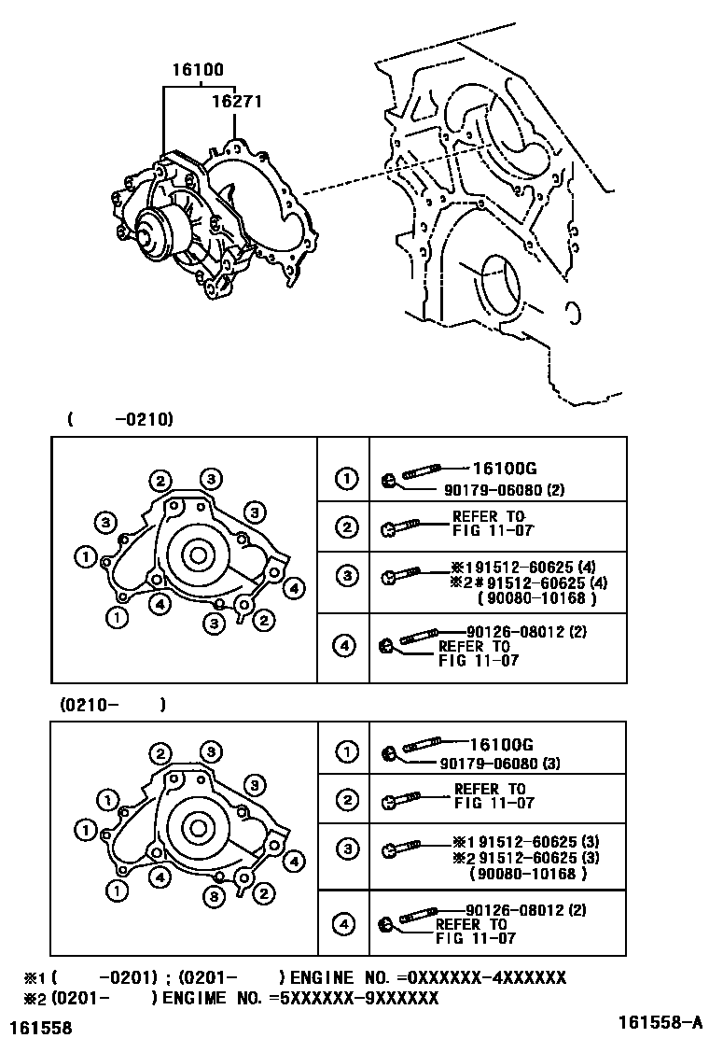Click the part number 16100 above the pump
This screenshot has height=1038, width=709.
pyautogui.click(x=198, y=70)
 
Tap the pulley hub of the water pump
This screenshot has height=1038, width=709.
pyautogui.click(x=150, y=233)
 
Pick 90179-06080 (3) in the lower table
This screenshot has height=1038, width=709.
pyautogui.click(x=500, y=763)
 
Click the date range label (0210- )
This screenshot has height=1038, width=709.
pyautogui.click(x=114, y=705)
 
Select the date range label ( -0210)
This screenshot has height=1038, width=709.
pyautogui.click(x=120, y=420)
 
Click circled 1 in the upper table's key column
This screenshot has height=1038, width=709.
pyautogui.click(x=346, y=480)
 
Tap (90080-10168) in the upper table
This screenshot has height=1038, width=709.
pyautogui.click(x=536, y=598)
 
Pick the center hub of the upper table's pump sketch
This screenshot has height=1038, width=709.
pyautogui.click(x=198, y=555)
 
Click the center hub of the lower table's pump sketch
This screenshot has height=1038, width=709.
pyautogui.click(x=197, y=828)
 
